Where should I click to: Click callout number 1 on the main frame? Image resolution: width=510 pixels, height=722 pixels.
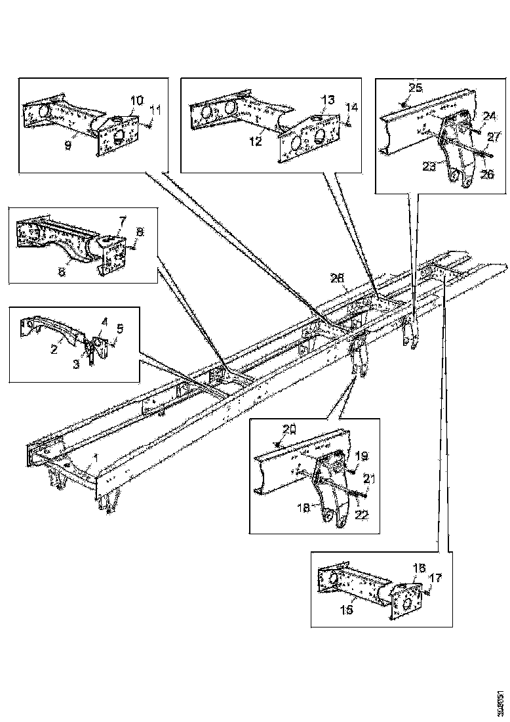tap(95, 457)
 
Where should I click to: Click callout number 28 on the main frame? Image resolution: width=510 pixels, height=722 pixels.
tap(338, 280)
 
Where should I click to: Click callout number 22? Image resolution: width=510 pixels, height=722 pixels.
tap(363, 516)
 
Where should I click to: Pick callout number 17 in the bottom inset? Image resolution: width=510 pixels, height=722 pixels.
tap(436, 578)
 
